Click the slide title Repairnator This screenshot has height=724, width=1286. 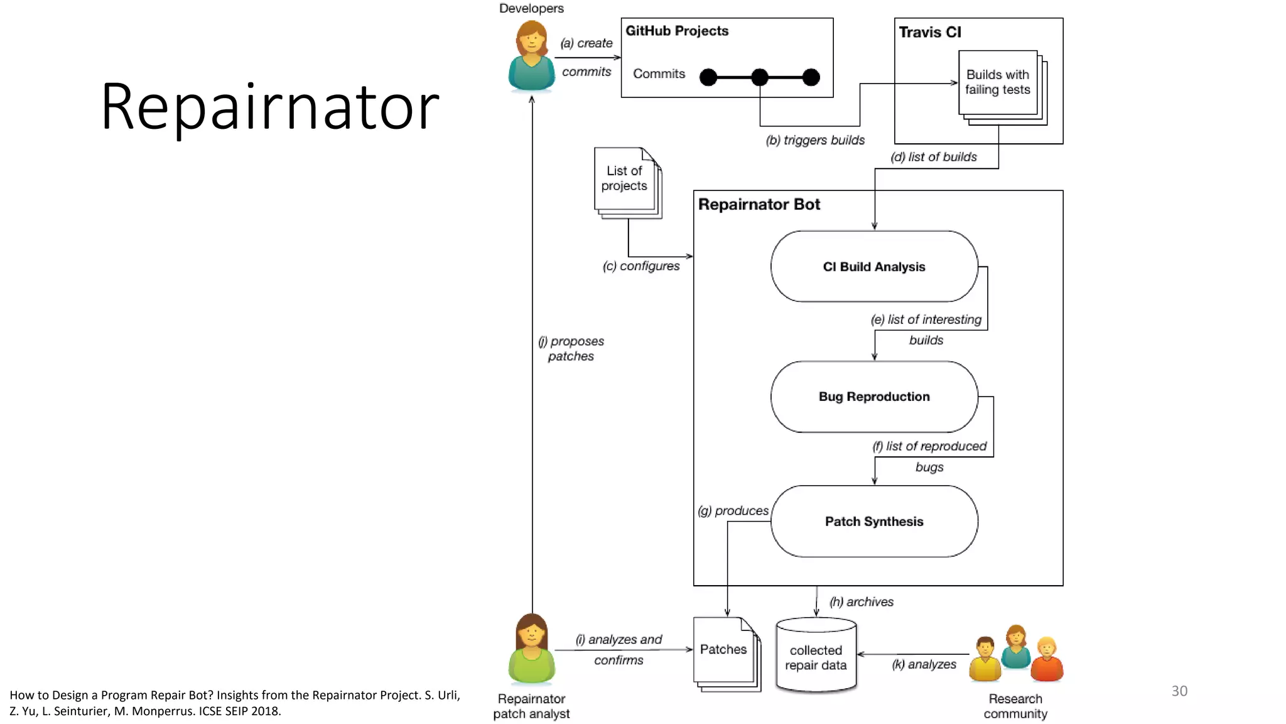pyautogui.click(x=270, y=107)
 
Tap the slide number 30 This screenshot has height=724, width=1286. pyautogui.click(x=1179, y=691)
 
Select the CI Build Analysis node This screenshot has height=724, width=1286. pyautogui.click(x=873, y=266)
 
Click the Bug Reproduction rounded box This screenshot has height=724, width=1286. pyautogui.click(x=873, y=397)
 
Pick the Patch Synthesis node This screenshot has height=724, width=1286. pyautogui.click(x=873, y=521)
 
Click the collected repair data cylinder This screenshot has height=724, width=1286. pyautogui.click(x=816, y=657)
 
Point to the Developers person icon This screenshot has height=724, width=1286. pyautogui.click(x=531, y=57)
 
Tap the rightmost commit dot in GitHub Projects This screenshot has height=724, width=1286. pyautogui.click(x=811, y=77)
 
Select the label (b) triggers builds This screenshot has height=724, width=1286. pyautogui.click(x=814, y=140)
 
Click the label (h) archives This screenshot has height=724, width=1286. pyautogui.click(x=861, y=602)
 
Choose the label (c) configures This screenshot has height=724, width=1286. pyautogui.click(x=640, y=266)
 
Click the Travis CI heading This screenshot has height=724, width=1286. pyautogui.click(x=929, y=32)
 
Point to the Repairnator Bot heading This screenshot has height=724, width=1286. pyautogui.click(x=759, y=204)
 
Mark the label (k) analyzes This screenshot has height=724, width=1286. pyautogui.click(x=924, y=664)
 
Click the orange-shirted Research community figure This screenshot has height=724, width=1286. pyautogui.click(x=1046, y=660)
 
